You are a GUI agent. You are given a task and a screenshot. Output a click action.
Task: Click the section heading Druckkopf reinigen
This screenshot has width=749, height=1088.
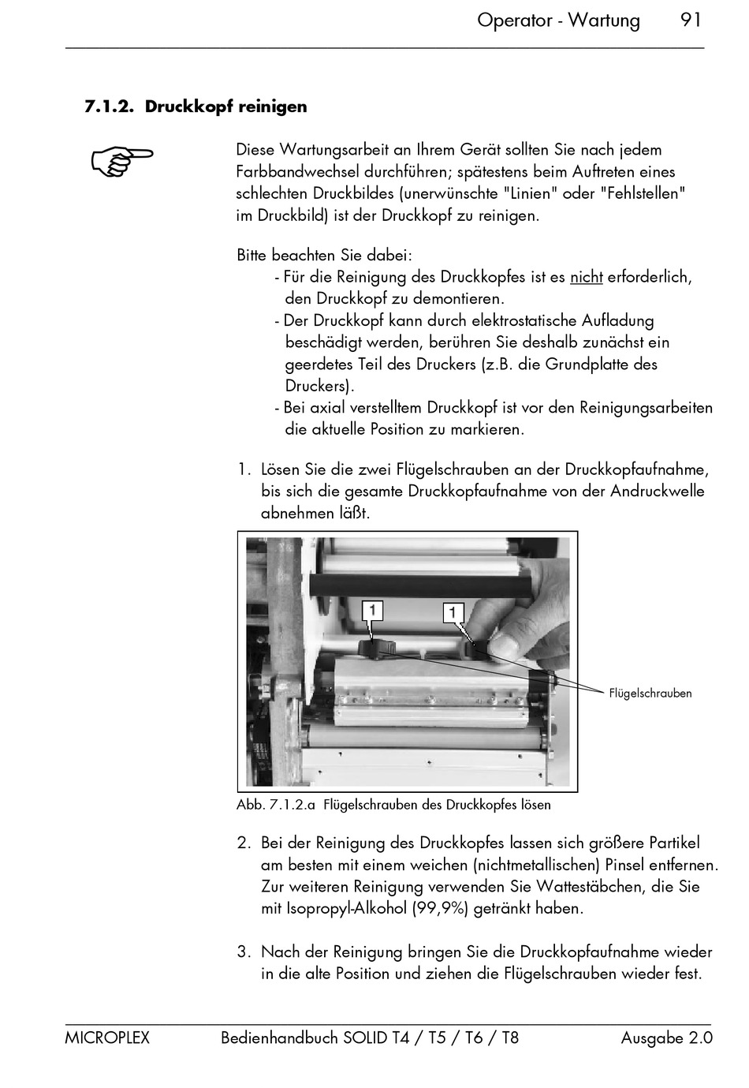click(225, 107)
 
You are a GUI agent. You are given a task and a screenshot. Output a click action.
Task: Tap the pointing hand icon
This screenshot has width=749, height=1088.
click(122, 160)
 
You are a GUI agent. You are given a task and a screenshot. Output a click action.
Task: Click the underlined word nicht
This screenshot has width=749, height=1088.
click(586, 277)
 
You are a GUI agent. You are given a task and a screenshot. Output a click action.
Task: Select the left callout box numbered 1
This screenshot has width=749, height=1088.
click(372, 611)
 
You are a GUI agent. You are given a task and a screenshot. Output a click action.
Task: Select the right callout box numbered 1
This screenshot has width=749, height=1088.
click(453, 612)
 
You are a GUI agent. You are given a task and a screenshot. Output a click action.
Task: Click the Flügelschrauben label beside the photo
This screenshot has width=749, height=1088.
click(650, 693)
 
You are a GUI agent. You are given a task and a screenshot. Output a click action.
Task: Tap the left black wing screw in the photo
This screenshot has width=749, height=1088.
click(377, 648)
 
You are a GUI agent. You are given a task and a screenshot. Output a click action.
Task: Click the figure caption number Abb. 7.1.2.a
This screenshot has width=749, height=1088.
click(276, 805)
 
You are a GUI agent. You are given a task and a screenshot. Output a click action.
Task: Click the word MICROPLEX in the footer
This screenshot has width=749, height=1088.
click(107, 1038)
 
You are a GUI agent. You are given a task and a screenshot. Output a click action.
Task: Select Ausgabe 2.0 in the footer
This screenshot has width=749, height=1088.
click(666, 1038)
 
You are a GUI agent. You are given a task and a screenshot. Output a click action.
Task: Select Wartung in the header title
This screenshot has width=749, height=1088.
click(604, 21)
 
